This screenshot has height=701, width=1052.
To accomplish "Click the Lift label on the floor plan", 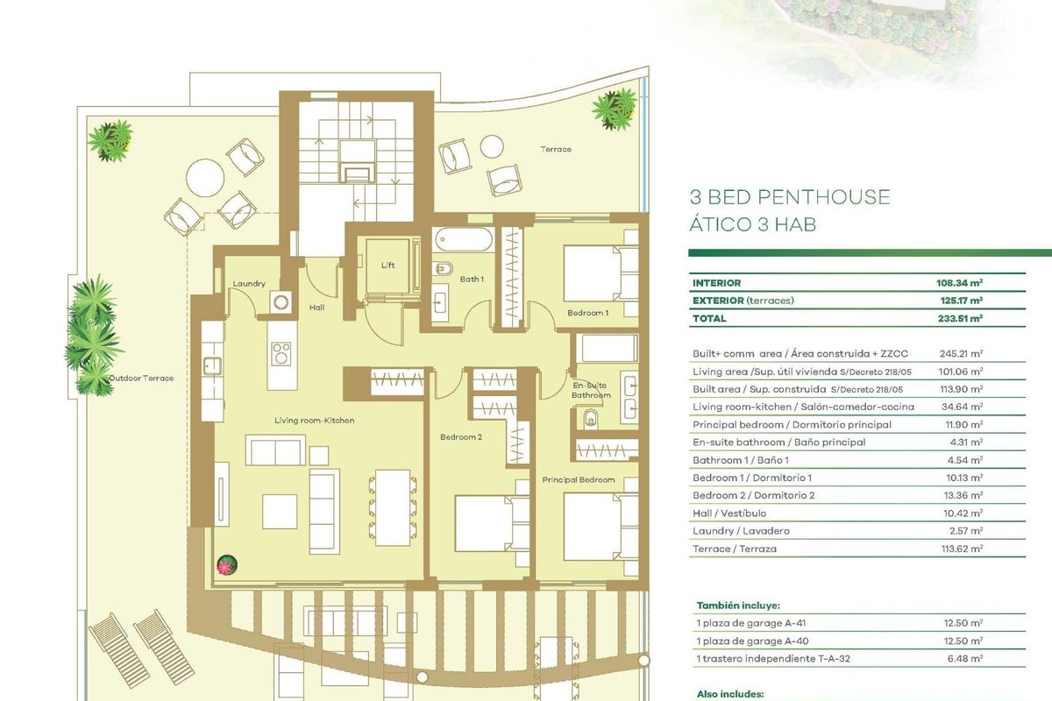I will pos(388,265).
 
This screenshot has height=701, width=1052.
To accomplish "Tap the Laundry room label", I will pos(249,284).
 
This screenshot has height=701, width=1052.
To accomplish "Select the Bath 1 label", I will pos(471,280).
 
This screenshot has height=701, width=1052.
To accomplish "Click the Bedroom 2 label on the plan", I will pos(461,437).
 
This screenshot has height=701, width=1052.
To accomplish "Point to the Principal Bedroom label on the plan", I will pos(578,480).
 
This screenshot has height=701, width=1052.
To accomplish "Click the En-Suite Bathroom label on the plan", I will pos(592,390).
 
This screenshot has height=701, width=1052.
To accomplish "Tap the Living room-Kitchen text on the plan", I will pos(314,421).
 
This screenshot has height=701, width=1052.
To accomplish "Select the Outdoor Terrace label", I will pos(141,379).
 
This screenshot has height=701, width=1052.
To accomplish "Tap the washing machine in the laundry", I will pos(281,302).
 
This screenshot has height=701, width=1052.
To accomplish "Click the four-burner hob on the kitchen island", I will pos(281,352).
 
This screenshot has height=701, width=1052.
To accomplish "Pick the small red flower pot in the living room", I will pos(228,563).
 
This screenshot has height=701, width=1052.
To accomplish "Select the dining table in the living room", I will pos(392,507).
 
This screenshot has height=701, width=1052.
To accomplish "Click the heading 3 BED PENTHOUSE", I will pos(790,197).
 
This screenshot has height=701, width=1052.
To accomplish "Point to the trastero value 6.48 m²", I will pos(964,657).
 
